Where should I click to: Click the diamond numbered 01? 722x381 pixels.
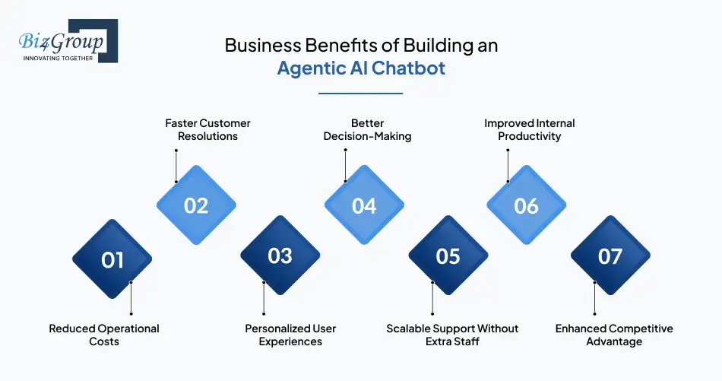pyautogui.click(x=112, y=259)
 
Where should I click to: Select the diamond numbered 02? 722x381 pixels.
pyautogui.click(x=196, y=205)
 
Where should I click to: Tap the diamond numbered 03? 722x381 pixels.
pyautogui.click(x=280, y=256)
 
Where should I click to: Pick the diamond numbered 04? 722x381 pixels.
pyautogui.click(x=364, y=205)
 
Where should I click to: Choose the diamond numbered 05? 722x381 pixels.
pyautogui.click(x=448, y=256)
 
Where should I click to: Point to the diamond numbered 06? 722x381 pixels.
pyautogui.click(x=526, y=205)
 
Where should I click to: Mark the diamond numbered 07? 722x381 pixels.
pyautogui.click(x=610, y=256)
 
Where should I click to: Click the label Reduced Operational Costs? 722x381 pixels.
pyautogui.click(x=104, y=335)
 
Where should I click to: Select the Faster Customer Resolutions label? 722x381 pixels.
pyautogui.click(x=207, y=129)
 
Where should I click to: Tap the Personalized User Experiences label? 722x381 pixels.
pyautogui.click(x=290, y=335)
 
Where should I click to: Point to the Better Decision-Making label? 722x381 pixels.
pyautogui.click(x=367, y=129)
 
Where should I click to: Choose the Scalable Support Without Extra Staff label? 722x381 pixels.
pyautogui.click(x=452, y=335)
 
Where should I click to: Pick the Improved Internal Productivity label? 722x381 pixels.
pyautogui.click(x=530, y=129)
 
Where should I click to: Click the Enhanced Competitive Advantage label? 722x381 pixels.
pyautogui.click(x=614, y=335)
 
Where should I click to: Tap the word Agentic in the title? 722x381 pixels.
pyautogui.click(x=306, y=68)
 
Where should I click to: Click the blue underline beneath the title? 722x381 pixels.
pyautogui.click(x=360, y=94)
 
